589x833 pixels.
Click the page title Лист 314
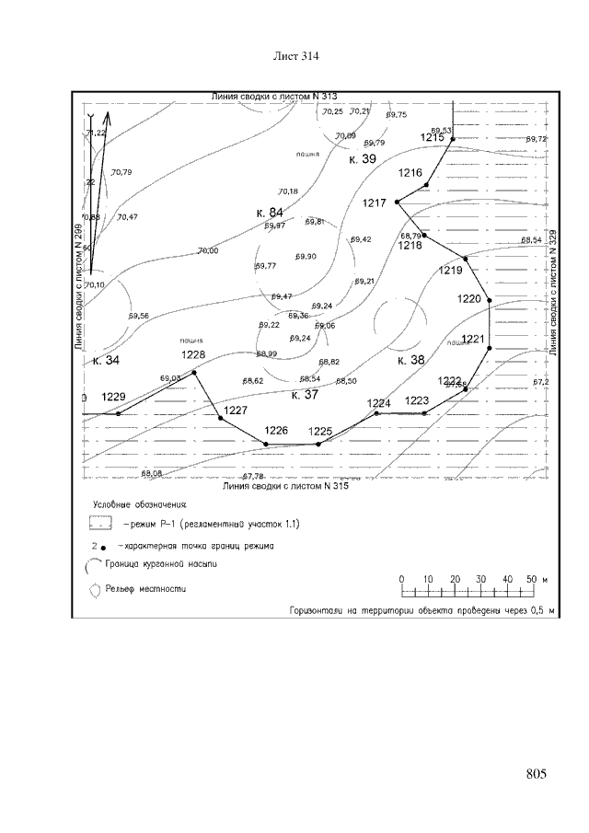(x=295, y=57)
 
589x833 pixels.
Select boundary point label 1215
(x=433, y=138)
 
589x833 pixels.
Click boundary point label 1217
(x=374, y=202)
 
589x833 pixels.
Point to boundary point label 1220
(x=469, y=299)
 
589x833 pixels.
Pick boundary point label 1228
(x=193, y=355)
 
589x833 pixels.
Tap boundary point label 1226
(x=276, y=430)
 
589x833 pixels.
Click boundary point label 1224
(x=379, y=403)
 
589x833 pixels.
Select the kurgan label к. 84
(x=269, y=213)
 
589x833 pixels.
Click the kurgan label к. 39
(x=363, y=159)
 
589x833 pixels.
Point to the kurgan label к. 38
(x=411, y=361)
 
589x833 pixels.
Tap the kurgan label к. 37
(x=305, y=395)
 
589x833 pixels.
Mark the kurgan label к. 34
(x=107, y=360)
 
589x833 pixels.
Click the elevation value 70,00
(x=207, y=250)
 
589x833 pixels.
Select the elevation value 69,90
(x=306, y=256)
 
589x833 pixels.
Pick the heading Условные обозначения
(x=140, y=504)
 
